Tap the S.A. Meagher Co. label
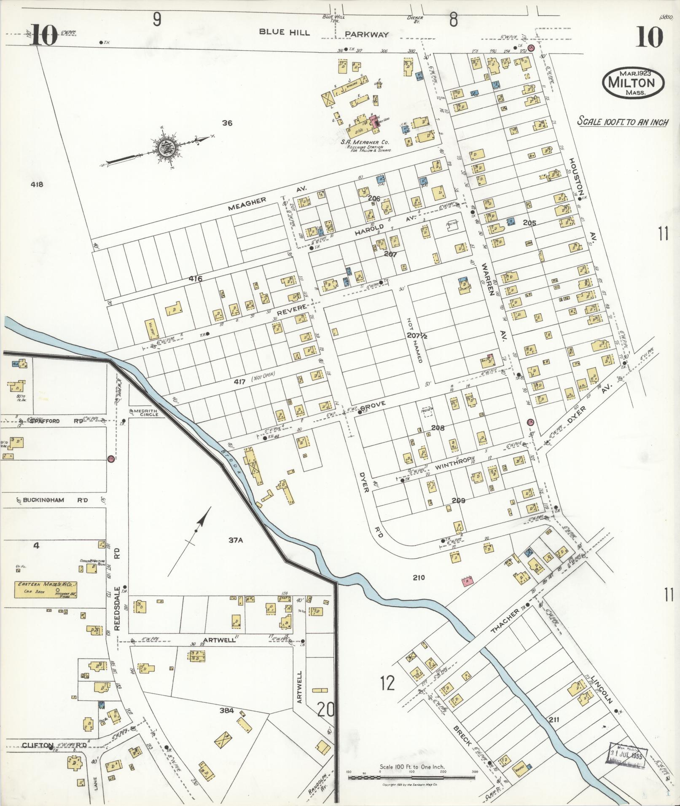pyautogui.click(x=364, y=142)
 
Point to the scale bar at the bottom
pyautogui.click(x=411, y=776)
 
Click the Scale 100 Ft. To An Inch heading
pyautogui.click(x=622, y=122)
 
